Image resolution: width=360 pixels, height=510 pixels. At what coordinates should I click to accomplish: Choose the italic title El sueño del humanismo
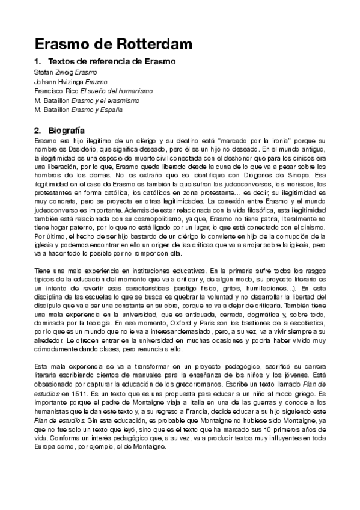pos(117,91)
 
